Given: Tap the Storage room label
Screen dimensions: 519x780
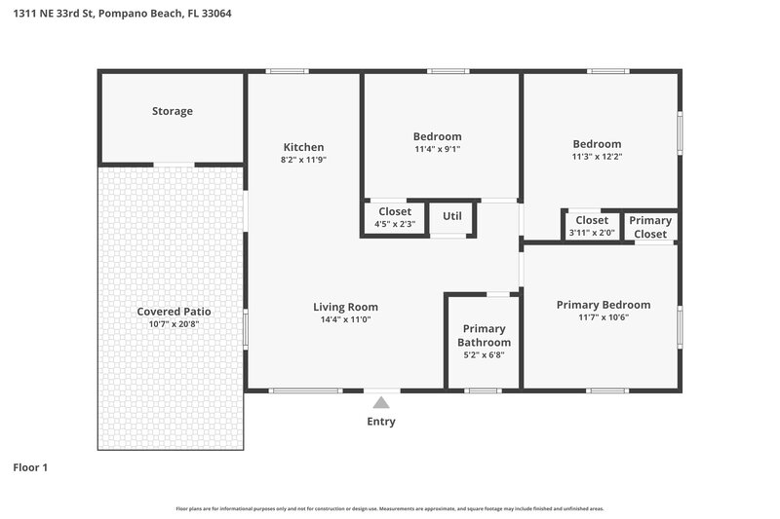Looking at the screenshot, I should pyautogui.click(x=172, y=111).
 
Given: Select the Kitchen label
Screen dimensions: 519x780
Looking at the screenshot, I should pyautogui.click(x=303, y=147).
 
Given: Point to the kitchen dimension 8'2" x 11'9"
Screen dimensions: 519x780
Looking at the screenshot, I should pyautogui.click(x=303, y=160).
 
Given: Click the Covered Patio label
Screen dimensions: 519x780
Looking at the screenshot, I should pyautogui.click(x=174, y=312).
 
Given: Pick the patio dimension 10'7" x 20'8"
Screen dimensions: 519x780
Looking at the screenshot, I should pyautogui.click(x=174, y=324).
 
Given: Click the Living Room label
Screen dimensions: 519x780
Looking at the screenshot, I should pyautogui.click(x=345, y=307).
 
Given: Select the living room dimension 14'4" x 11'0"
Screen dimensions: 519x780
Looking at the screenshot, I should pyautogui.click(x=345, y=319).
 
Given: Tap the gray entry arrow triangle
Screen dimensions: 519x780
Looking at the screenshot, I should pyautogui.click(x=381, y=402).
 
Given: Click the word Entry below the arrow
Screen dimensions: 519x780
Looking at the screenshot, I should pyautogui.click(x=381, y=422).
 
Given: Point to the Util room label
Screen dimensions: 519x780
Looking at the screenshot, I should pyautogui.click(x=452, y=216).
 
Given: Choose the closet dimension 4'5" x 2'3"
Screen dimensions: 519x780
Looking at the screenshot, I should pyautogui.click(x=395, y=224).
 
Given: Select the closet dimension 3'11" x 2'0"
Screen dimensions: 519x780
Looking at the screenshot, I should pyautogui.click(x=592, y=233).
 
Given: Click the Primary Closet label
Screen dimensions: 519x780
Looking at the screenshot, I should pyautogui.click(x=650, y=227).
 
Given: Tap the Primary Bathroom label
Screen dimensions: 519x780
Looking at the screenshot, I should pyautogui.click(x=484, y=336).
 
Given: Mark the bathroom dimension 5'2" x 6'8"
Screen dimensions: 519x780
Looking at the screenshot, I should pyautogui.click(x=484, y=356).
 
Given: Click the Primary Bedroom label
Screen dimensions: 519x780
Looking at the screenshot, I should pyautogui.click(x=603, y=305).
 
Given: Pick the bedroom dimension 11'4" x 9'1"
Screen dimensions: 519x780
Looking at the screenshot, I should pyautogui.click(x=437, y=150).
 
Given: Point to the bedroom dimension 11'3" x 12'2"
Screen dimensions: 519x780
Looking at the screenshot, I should pyautogui.click(x=597, y=157).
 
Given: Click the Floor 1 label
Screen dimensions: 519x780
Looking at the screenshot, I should pyautogui.click(x=30, y=467).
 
